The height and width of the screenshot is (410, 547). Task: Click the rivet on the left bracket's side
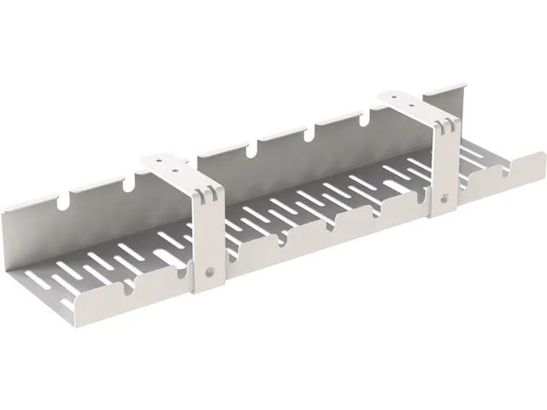pyautogui.click(x=210, y=274)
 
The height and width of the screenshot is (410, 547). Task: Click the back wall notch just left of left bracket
pyautogui.click(x=128, y=184)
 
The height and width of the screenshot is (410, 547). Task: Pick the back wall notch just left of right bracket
pyautogui.click(x=360, y=120)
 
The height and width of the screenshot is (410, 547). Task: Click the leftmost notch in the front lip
pyautogui.click(x=128, y=291)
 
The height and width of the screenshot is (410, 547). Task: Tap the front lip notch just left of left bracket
pyautogui.click(x=180, y=272)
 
